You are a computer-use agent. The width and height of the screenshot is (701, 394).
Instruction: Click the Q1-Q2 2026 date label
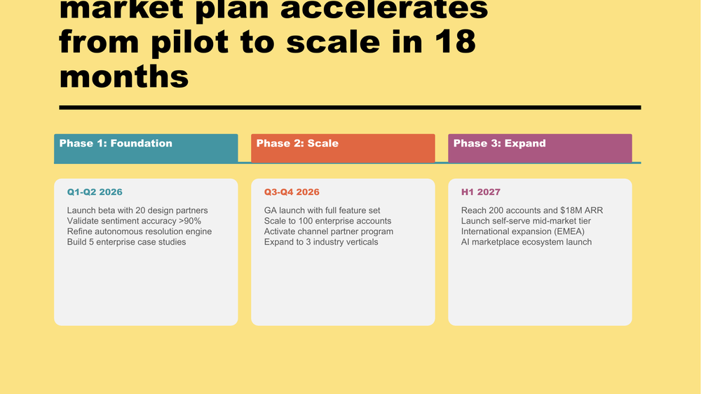(95, 192)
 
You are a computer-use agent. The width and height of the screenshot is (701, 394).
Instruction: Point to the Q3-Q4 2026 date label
(292, 192)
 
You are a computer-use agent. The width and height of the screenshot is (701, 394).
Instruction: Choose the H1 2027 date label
(481, 192)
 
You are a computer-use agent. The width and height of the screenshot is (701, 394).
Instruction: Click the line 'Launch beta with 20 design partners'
(137, 210)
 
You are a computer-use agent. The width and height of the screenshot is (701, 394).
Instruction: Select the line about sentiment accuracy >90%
(134, 221)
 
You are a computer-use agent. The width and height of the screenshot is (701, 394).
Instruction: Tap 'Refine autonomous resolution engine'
(139, 231)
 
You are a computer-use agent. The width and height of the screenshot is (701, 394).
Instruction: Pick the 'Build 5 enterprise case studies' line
(127, 242)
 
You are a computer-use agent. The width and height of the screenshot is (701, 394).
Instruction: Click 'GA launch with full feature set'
(322, 210)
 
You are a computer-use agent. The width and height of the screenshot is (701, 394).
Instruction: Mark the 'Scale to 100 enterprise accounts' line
(327, 221)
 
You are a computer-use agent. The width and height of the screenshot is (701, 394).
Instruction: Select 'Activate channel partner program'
(329, 231)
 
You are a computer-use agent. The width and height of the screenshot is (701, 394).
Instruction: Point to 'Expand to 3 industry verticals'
(321, 242)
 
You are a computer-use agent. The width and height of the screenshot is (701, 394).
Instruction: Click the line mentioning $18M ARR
(532, 210)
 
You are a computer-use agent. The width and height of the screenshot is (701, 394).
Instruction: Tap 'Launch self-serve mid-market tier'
(526, 221)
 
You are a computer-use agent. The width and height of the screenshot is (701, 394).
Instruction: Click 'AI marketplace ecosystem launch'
(526, 242)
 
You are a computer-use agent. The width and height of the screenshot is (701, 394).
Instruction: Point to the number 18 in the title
(451, 42)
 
